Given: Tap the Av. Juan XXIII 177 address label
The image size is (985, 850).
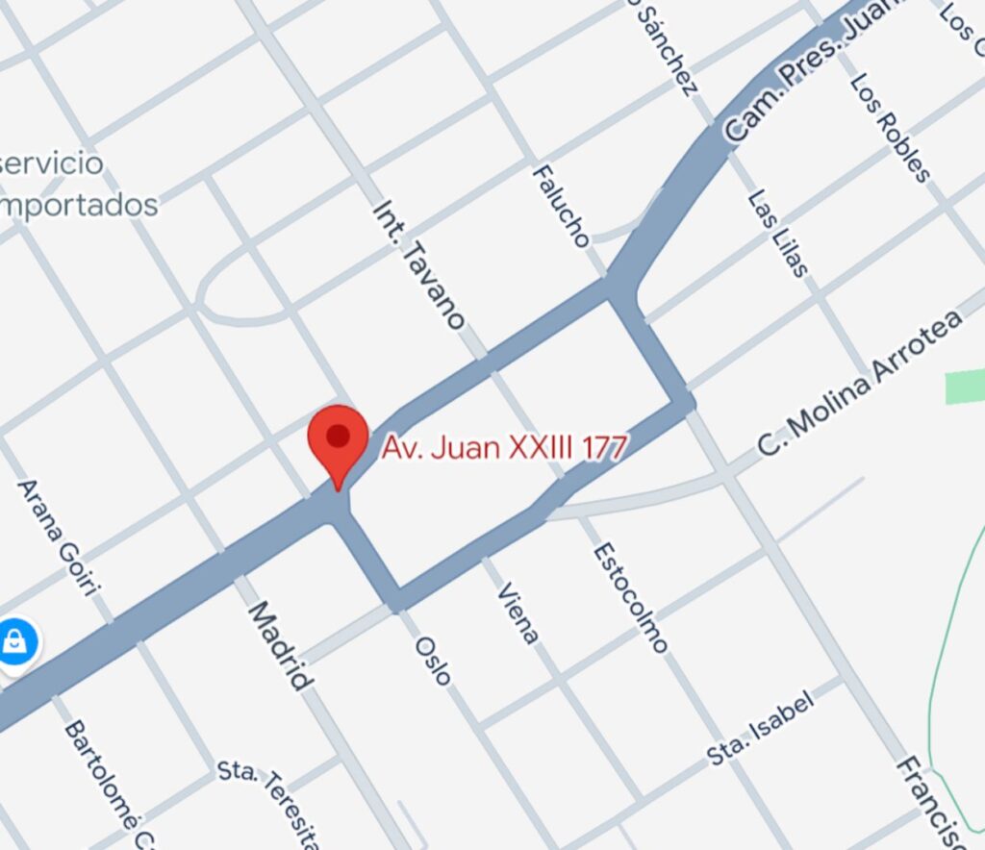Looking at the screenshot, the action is point(505,447).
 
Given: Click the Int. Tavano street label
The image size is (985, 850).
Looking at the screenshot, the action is point(419,264).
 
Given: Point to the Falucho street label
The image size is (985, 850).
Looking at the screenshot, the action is point(561,205).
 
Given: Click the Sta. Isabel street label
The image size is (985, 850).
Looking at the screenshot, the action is point(761,728).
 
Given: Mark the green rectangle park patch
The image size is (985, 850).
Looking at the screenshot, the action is point(965,387).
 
